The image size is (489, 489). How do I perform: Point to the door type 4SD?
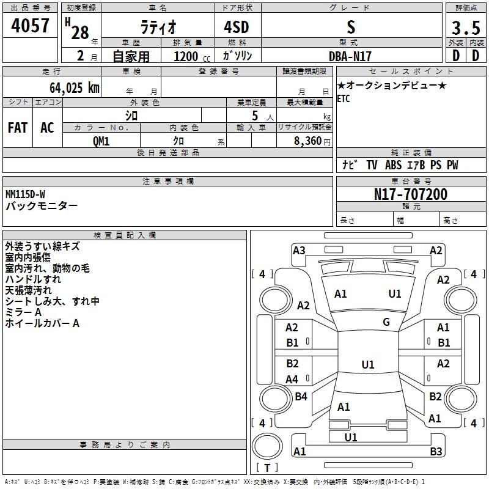[238, 28]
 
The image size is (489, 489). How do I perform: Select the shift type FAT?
[18, 127]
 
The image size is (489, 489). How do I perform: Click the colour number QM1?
[101, 141]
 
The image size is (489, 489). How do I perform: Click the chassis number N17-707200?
[410, 194]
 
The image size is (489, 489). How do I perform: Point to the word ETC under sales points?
[344, 99]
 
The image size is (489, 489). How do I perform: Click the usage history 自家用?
[131, 56]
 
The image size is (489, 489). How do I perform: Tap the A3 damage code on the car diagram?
[299, 250]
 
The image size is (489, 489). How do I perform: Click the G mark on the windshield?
[386, 322]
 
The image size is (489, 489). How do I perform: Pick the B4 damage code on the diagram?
[301, 397]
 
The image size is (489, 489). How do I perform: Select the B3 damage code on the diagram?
[436, 452]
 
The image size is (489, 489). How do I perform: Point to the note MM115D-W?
[25, 194]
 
